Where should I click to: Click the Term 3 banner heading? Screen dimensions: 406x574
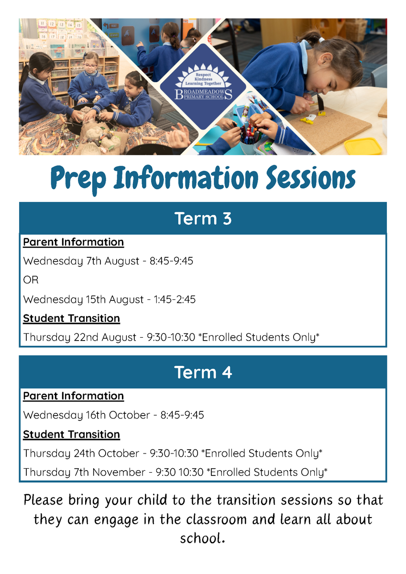(x=203, y=219)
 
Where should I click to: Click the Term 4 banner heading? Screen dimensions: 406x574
(x=203, y=372)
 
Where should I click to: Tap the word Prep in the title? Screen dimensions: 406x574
(x=78, y=179)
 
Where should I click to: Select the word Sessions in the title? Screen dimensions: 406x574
(x=310, y=177)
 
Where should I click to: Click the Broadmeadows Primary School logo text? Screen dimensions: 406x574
(x=203, y=94)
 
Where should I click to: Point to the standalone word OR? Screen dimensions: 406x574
(x=31, y=280)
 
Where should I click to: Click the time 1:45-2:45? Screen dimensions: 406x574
(x=175, y=299)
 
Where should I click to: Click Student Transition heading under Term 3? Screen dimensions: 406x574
(x=71, y=319)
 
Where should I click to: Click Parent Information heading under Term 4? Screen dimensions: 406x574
(x=74, y=396)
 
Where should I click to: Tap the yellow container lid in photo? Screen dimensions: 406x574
(x=363, y=146)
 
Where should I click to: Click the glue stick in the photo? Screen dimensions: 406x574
(x=245, y=112)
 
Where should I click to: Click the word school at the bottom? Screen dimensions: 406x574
(x=202, y=538)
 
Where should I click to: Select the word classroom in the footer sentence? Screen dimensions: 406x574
(x=216, y=519)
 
